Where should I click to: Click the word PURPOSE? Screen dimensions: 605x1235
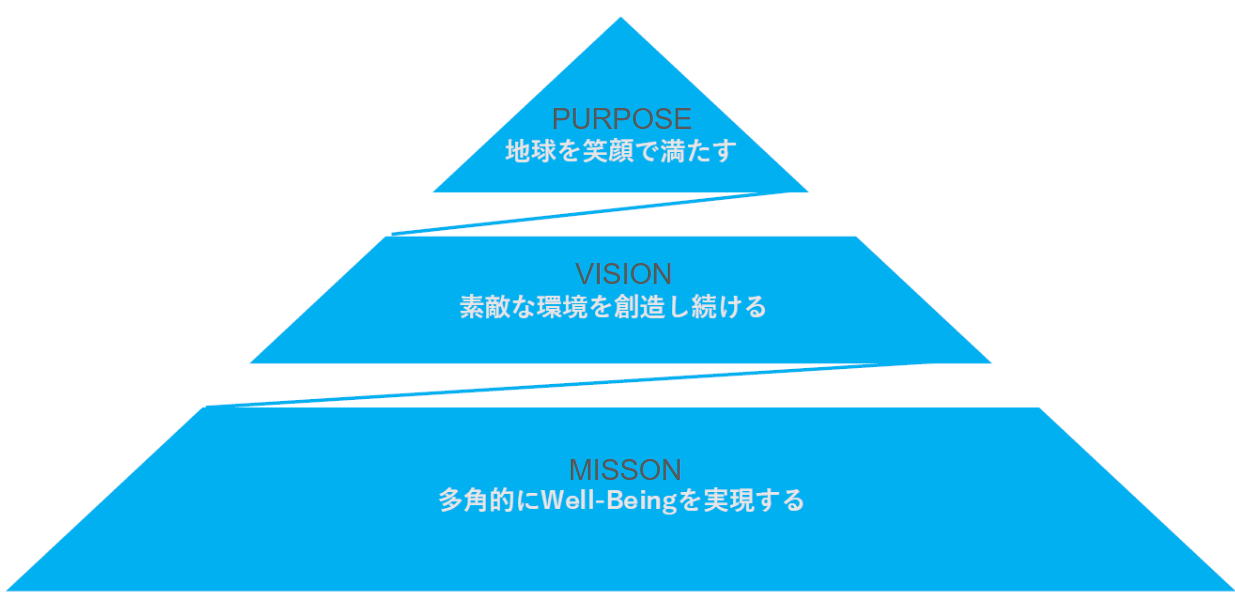pyautogui.click(x=621, y=119)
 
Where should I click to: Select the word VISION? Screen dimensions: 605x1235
pyautogui.click(x=622, y=274)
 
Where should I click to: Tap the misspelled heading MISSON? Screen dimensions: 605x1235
pyautogui.click(x=624, y=469)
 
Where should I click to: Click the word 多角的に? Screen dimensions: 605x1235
pyautogui.click(x=478, y=500)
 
